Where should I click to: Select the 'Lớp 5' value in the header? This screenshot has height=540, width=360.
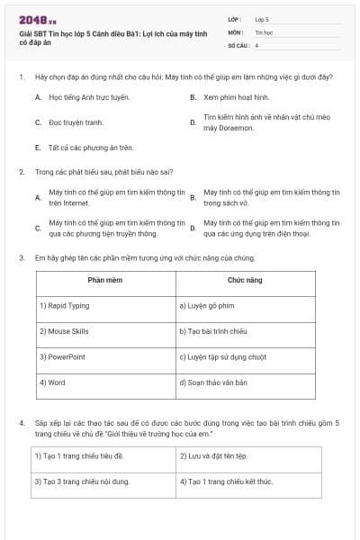(x=262, y=18)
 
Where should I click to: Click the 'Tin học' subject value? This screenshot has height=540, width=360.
(x=264, y=31)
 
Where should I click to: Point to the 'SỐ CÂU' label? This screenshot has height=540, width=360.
(x=237, y=44)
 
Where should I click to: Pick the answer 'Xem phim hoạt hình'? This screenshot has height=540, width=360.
(x=236, y=96)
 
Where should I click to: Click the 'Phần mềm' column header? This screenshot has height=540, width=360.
(x=104, y=281)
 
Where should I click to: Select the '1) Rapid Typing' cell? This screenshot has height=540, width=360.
(x=65, y=306)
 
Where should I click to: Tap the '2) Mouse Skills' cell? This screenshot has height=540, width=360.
(x=65, y=331)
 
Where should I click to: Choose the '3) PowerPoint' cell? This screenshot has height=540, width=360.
(x=62, y=356)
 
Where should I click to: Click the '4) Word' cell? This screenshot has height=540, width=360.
(x=52, y=382)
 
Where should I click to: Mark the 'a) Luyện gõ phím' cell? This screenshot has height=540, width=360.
(x=208, y=306)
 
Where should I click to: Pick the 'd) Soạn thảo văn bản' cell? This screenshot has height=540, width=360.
(x=213, y=382)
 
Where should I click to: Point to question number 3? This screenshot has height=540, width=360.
(x=22, y=256)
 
